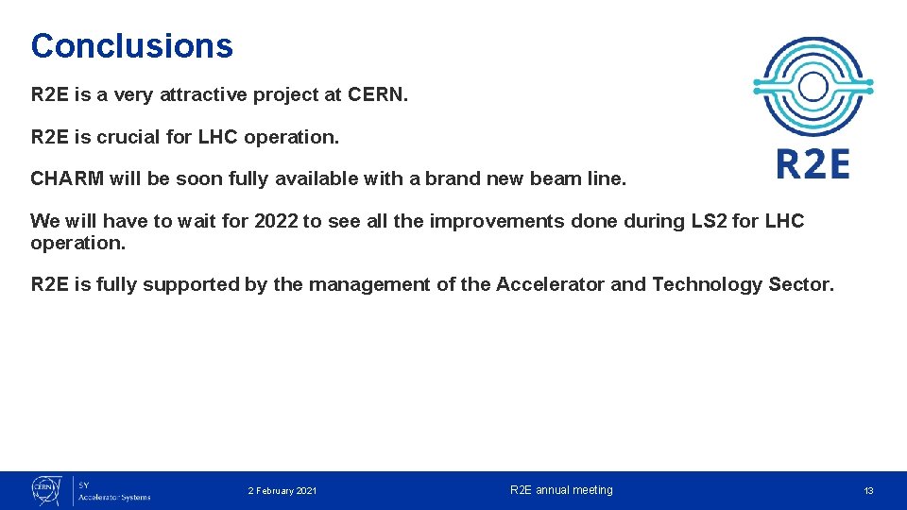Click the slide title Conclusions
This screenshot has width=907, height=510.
click(131, 45)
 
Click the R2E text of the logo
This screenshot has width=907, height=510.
click(813, 164)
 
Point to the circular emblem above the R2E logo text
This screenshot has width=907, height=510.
click(813, 88)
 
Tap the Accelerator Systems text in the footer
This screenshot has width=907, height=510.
click(113, 497)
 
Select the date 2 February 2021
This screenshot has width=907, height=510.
click(282, 491)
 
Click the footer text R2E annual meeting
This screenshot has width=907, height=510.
click(561, 490)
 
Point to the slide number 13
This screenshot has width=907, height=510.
click(868, 491)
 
